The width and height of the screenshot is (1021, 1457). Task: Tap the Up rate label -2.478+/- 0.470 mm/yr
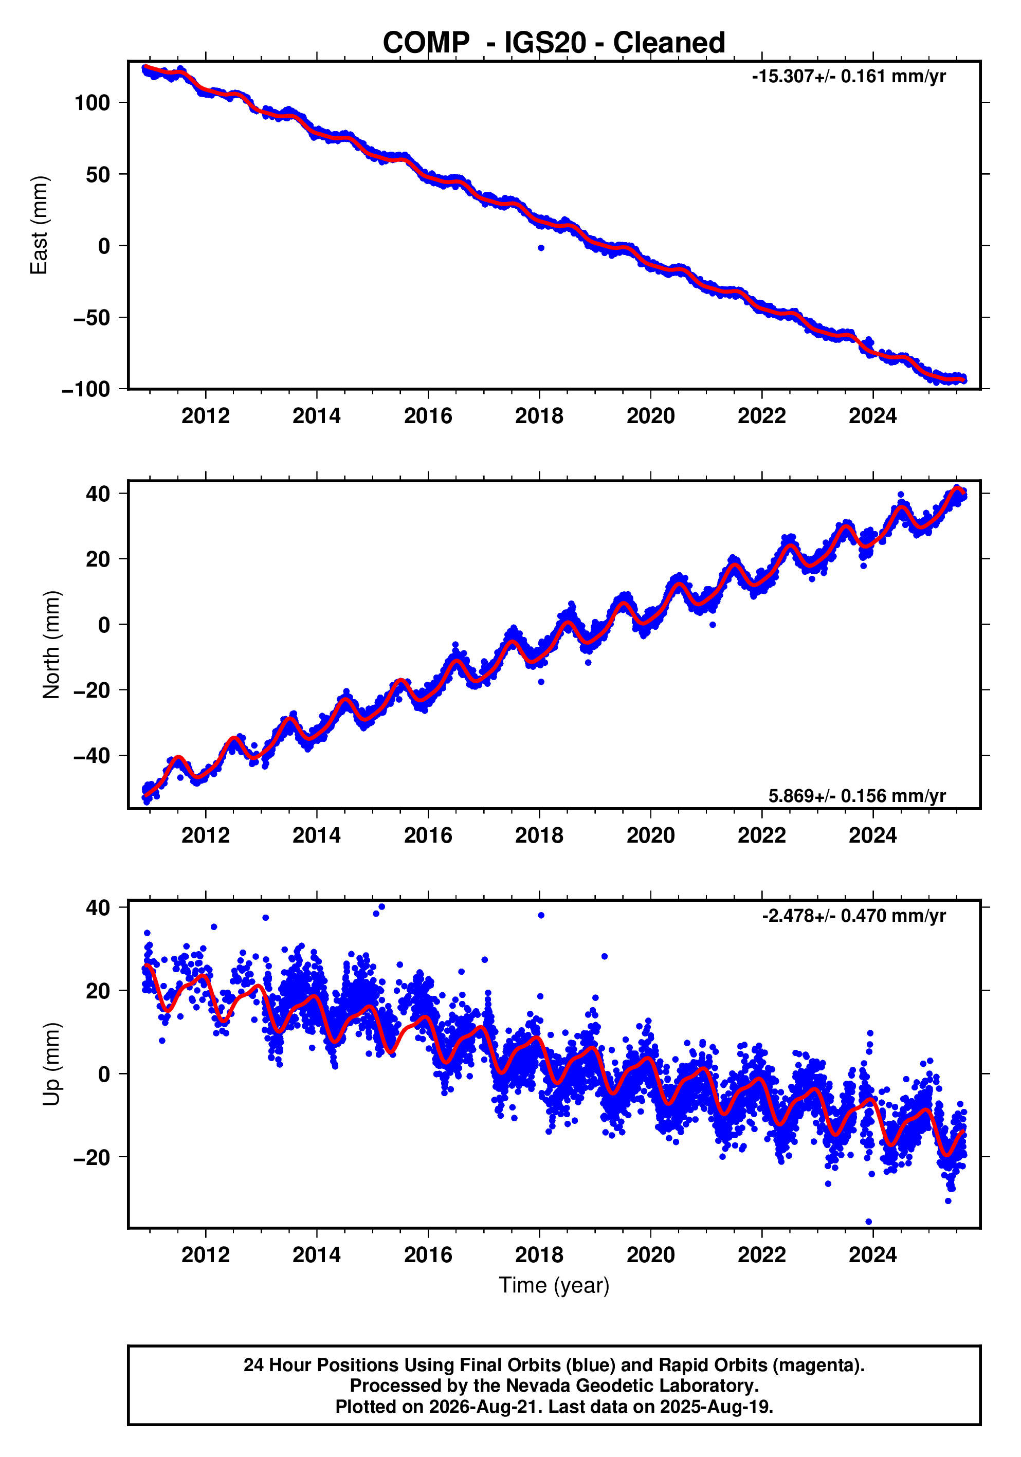coord(853,916)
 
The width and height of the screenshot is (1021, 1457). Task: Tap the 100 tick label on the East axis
coord(92,103)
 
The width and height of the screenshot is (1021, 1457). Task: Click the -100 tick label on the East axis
coord(86,389)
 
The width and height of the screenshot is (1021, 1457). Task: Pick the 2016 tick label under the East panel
coord(428,416)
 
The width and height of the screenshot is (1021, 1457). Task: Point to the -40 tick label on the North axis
coord(92,756)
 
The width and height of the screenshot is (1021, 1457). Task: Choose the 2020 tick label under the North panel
coord(650,836)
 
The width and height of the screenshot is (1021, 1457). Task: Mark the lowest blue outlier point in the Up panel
coord(869,1222)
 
